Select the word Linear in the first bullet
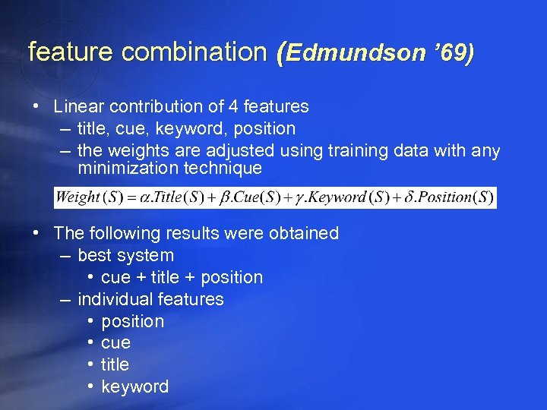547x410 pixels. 79,107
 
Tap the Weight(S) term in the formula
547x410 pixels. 88,197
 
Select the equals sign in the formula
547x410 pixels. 131,197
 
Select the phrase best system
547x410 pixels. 125,256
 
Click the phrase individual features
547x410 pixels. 150,300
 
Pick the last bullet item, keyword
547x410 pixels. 134,387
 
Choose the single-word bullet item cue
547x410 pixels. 115,343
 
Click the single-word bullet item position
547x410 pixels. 132,322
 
